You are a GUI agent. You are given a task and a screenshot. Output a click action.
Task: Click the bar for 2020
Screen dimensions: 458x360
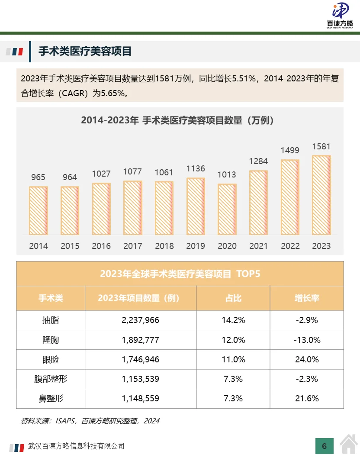tap(227, 209)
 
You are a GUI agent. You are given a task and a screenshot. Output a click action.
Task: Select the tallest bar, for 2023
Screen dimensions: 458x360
tap(321, 195)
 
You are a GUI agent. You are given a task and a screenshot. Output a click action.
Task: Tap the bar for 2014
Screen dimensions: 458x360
tap(39, 210)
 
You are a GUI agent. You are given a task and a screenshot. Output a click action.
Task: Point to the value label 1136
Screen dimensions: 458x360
tap(196, 168)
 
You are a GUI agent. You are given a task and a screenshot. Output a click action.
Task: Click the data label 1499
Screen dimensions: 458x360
tap(290, 151)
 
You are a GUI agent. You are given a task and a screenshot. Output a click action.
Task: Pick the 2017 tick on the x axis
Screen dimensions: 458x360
tap(133, 246)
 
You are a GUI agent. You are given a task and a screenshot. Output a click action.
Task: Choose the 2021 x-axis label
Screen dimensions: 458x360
tap(258, 246)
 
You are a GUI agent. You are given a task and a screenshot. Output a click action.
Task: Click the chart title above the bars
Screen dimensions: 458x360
tap(178, 120)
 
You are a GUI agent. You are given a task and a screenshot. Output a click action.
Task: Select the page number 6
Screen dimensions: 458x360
tap(325, 446)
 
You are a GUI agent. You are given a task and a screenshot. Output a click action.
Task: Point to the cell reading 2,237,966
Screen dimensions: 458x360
tap(141, 320)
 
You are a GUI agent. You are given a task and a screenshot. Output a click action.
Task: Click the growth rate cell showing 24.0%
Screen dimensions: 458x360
tap(307, 359)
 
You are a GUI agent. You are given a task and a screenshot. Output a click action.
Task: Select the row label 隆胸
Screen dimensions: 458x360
tap(51, 340)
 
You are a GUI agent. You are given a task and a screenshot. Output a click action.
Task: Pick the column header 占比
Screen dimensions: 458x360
tap(233, 298)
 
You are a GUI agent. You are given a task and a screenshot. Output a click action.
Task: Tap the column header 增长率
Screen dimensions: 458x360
tap(307, 298)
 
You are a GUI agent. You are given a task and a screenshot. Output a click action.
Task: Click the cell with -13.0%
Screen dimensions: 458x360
tap(307, 340)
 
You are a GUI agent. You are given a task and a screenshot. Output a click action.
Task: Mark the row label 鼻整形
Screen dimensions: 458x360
tap(51, 398)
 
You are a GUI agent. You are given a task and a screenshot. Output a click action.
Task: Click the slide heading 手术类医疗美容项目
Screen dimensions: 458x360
tap(85, 52)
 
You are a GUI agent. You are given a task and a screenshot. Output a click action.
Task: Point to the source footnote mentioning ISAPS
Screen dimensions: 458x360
tap(90, 421)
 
